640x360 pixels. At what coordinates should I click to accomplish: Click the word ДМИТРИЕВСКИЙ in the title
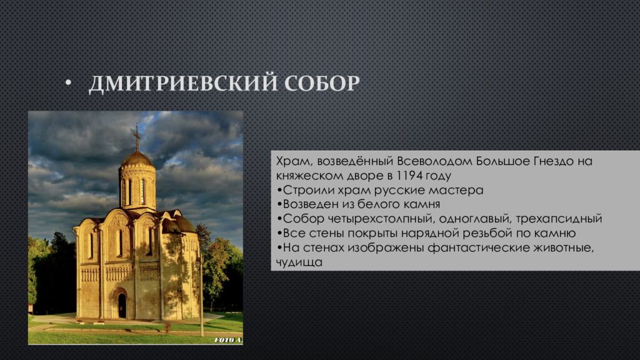183,83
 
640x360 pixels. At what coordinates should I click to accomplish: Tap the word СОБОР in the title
322,83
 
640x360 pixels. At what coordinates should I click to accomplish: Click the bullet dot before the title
68,83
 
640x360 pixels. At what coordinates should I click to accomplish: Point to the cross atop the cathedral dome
137,137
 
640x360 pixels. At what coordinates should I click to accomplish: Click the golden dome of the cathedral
137,159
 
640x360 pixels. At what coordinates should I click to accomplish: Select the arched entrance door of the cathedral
122,305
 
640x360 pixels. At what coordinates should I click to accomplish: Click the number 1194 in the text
409,176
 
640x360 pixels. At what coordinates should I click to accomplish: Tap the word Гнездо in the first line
554,161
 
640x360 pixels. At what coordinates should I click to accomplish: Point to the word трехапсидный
559,219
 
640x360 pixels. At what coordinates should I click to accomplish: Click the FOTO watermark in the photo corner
227,339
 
